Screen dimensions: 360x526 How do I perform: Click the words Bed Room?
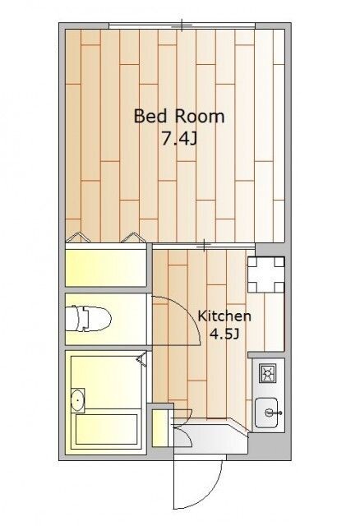[179, 117]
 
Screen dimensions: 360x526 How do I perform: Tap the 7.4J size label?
[179, 138]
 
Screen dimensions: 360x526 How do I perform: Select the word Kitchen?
[224, 316]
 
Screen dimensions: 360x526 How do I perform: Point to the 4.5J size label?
[224, 334]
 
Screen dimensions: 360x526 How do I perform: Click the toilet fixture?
[88, 318]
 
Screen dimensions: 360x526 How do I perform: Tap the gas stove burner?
[267, 373]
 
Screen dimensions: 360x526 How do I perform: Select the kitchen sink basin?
[266, 413]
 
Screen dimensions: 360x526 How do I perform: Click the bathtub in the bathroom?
[106, 429]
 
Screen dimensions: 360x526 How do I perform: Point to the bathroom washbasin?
[78, 400]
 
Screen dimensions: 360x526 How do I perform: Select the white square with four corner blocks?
[266, 275]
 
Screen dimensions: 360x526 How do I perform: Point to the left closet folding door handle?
[79, 237]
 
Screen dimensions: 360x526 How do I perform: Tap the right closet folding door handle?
[133, 237]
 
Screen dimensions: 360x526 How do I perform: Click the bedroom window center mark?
[182, 25]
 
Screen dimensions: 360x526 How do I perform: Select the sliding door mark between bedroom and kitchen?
[204, 246]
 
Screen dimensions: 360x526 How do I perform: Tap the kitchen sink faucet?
[271, 413]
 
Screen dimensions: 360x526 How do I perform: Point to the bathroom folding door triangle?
[142, 359]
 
